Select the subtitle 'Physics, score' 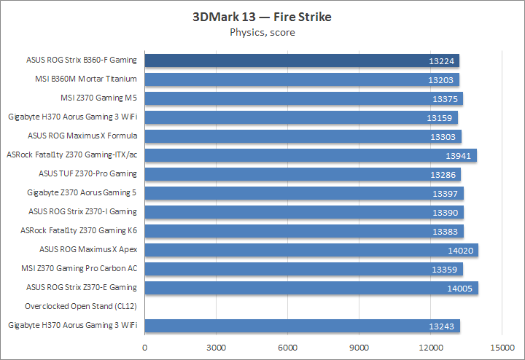pyautogui.click(x=262, y=32)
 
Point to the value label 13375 pyautogui.click(x=446, y=98)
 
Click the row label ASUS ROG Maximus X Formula pyautogui.click(x=82, y=136)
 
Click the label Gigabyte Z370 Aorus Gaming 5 pyautogui.click(x=82, y=192)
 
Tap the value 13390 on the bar pyautogui.click(x=446, y=212)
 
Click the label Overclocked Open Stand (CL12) pyautogui.click(x=81, y=306)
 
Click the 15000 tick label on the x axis pyautogui.click(x=502, y=347)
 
